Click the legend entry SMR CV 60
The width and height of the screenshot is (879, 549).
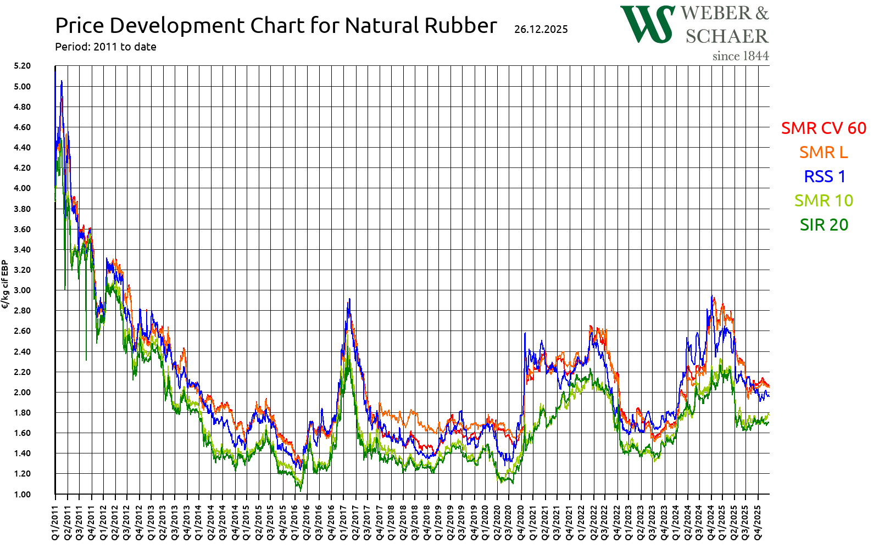(824, 128)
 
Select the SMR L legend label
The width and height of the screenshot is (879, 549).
(823, 152)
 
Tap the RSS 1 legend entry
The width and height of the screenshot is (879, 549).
(825, 176)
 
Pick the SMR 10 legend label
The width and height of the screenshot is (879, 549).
(824, 200)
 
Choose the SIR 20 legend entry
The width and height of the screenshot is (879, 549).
(824, 225)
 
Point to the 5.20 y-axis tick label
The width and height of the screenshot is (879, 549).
(23, 66)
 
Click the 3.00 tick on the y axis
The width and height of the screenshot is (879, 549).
(23, 290)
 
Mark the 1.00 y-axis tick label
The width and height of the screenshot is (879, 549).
(23, 494)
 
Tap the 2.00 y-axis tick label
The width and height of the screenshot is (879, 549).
(23, 392)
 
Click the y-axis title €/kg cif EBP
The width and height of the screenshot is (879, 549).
(5, 284)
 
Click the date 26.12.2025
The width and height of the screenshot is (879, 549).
(541, 29)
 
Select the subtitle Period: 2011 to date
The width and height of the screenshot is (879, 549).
(105, 47)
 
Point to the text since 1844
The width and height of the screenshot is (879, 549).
(740, 56)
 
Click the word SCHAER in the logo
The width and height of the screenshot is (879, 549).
(726, 36)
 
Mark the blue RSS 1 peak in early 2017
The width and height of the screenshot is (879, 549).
(349, 300)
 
